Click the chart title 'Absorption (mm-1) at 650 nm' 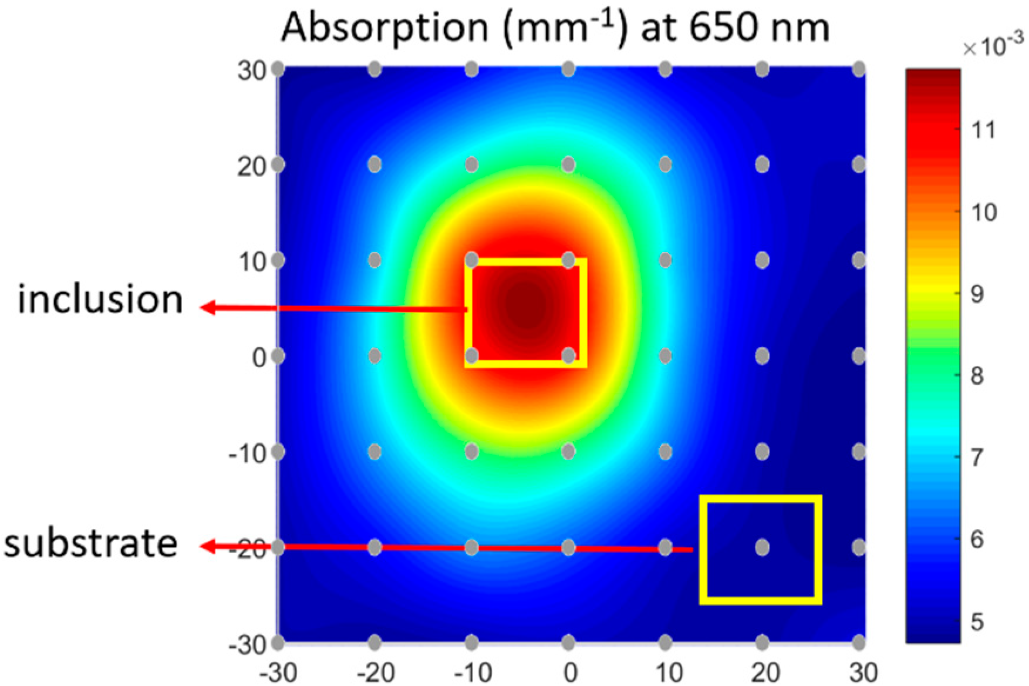point(555,28)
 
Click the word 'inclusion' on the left point(100,300)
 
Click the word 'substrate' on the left point(91,544)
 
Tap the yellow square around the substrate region point(760,499)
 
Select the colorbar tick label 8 point(977,376)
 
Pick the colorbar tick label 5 point(977,622)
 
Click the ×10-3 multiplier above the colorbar point(993,45)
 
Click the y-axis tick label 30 point(252,71)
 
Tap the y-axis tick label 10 point(252,262)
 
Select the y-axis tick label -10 point(247,454)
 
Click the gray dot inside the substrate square point(762,547)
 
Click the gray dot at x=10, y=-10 point(665,452)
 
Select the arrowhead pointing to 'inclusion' point(207,307)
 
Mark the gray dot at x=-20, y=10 point(375,260)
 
